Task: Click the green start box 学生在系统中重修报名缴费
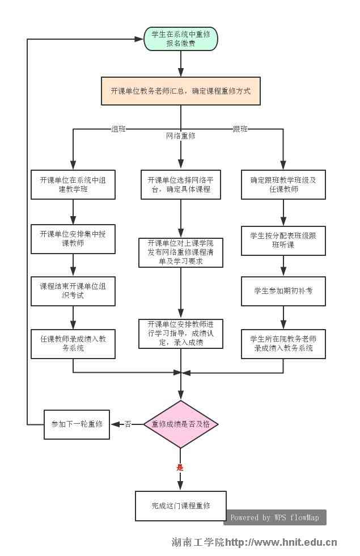click(x=181, y=39)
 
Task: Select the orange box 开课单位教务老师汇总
click(x=181, y=91)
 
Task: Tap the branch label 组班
click(x=118, y=129)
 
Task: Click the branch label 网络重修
click(x=181, y=136)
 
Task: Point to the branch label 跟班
click(x=240, y=129)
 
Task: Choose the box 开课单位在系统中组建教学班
click(x=73, y=184)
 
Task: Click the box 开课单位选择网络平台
click(x=181, y=184)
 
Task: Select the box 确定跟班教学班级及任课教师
click(x=283, y=184)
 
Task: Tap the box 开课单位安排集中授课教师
click(x=73, y=238)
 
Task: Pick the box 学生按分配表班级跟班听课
click(x=283, y=240)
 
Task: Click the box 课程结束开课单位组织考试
click(x=73, y=290)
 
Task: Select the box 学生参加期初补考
click(x=283, y=290)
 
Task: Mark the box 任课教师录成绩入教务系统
click(x=73, y=343)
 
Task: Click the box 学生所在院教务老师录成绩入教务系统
click(x=283, y=343)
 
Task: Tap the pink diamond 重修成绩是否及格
click(x=181, y=424)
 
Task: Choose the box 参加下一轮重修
click(x=77, y=424)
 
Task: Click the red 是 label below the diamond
click(x=180, y=467)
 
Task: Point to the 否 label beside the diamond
click(x=128, y=424)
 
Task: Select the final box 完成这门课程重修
click(x=181, y=506)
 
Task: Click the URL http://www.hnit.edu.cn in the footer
click(x=281, y=542)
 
